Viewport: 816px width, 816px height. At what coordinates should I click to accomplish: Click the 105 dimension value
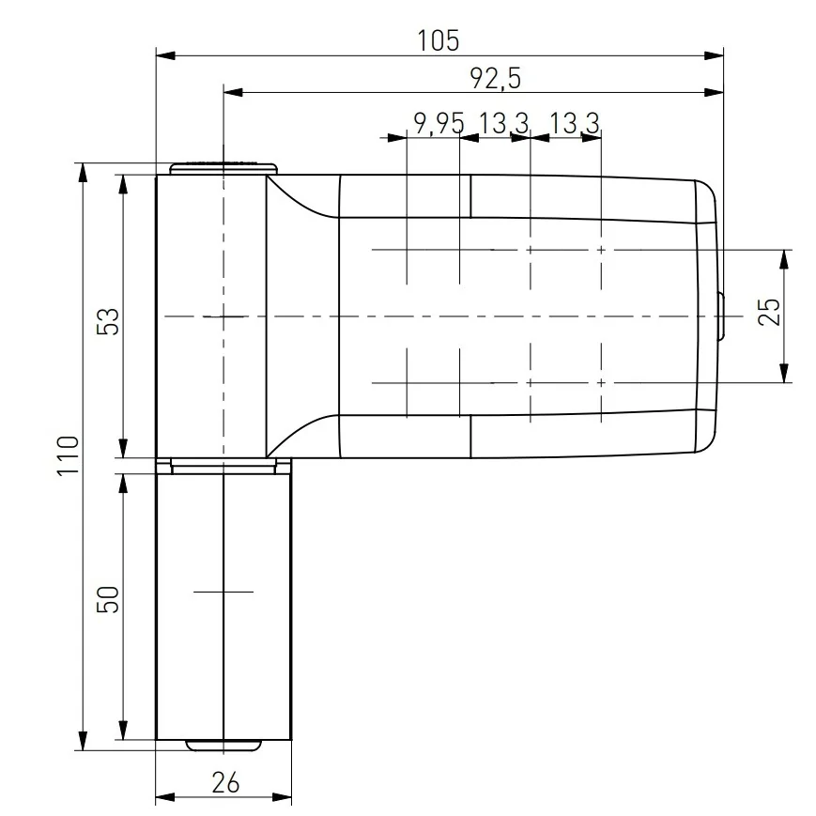click(x=439, y=40)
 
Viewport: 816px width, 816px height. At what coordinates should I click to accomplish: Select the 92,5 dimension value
click(x=496, y=80)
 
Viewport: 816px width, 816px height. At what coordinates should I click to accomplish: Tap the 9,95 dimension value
click(x=439, y=122)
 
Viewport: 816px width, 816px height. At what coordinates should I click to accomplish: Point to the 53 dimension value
click(x=109, y=321)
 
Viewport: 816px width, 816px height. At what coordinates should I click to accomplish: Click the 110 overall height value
click(x=66, y=457)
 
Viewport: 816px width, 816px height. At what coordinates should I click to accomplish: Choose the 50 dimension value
click(x=109, y=599)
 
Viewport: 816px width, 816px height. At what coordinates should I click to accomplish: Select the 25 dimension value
click(x=768, y=311)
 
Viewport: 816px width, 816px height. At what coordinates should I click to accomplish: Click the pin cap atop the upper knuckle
click(x=224, y=168)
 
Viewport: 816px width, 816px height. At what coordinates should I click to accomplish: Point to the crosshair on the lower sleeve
click(x=223, y=593)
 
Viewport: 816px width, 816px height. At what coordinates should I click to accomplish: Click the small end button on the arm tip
click(x=719, y=316)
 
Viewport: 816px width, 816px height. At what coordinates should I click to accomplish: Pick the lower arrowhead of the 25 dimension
click(x=782, y=375)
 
